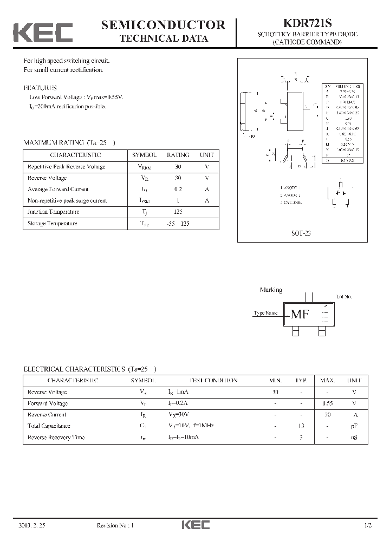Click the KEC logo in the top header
coord(43,32)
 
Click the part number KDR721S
coord(307,24)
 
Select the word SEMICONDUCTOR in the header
coord(163,24)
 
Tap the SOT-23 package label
coord(301,234)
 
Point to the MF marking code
coord(300,314)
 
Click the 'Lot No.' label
coord(344,297)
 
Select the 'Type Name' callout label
coord(265,313)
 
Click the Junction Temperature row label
coord(53,212)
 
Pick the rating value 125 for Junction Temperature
coord(178,212)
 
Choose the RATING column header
coord(178,155)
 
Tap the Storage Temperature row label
coord(52,223)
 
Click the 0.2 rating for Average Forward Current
coord(178,189)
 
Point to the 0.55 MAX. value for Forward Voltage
coord(327,403)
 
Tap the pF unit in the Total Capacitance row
coord(354,426)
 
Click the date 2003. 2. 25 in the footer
coord(31,525)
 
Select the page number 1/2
coord(368,525)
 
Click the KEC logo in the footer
coord(195,525)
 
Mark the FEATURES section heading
coord(40,87)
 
